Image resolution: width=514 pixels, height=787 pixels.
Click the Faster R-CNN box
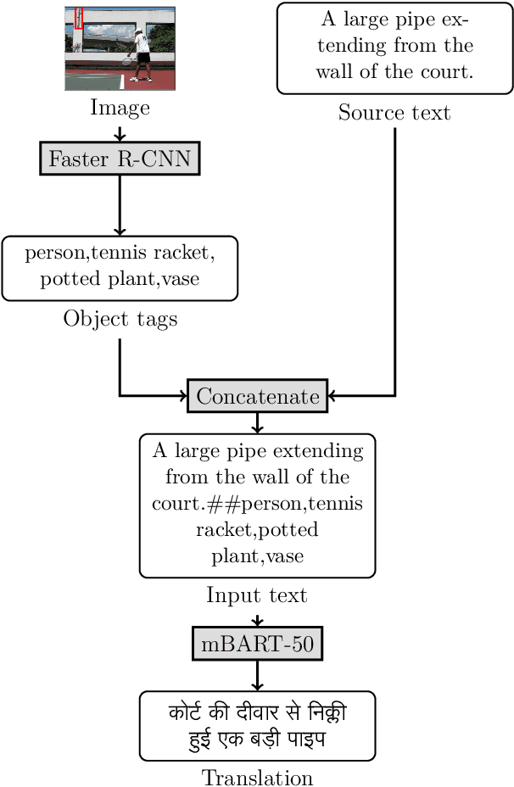pos(120,159)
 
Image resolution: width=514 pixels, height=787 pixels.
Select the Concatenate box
pos(257,396)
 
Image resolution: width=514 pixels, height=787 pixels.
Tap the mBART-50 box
pos(257,645)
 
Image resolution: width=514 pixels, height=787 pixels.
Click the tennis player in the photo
pos(142,53)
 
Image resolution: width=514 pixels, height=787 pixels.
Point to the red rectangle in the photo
pos(79,19)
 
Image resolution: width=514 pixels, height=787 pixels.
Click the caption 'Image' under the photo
pos(120,108)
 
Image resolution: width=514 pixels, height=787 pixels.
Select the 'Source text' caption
pos(394,112)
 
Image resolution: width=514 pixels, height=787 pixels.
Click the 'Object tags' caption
pos(120,319)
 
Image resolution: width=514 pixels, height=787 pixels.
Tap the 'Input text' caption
pos(257,595)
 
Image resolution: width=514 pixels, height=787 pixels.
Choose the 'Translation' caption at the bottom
pos(257,777)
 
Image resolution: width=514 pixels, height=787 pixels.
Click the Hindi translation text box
pos(257,725)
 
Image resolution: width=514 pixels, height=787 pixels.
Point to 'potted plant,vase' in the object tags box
pos(120,279)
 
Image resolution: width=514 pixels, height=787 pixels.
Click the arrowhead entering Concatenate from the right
pos(333,396)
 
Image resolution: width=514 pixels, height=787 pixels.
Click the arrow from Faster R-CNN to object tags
pos(120,205)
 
